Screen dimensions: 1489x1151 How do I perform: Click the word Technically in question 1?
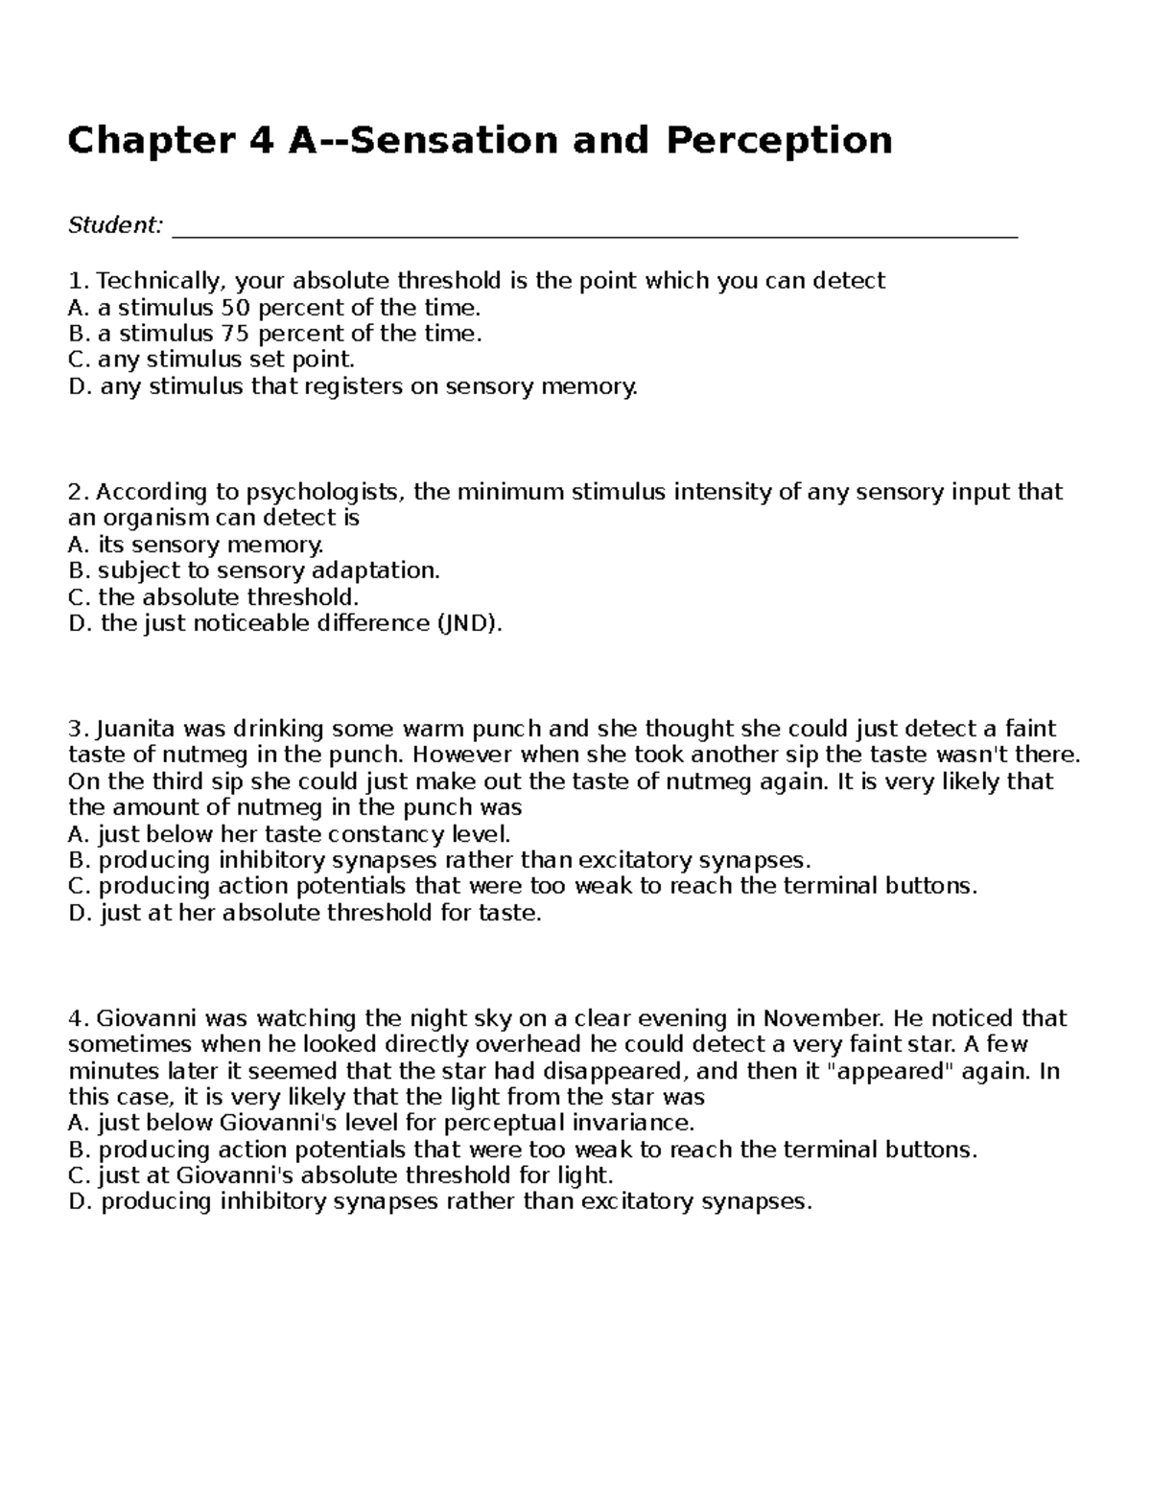(x=159, y=281)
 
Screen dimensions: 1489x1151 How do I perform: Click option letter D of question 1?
(x=79, y=386)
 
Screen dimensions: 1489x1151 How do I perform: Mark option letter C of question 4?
(x=79, y=1175)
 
